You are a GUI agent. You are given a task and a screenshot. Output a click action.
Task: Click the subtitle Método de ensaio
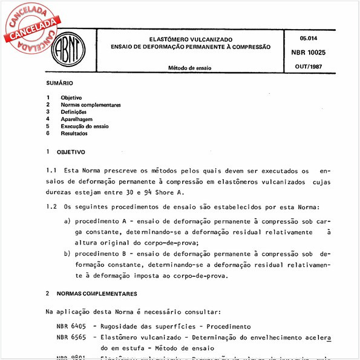pyautogui.click(x=189, y=68)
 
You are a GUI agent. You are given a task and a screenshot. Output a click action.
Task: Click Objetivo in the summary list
pyautogui.click(x=71, y=97)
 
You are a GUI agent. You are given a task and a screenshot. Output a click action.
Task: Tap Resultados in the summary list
pyautogui.click(x=74, y=134)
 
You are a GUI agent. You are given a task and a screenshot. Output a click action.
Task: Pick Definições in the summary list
pyautogui.click(x=74, y=112)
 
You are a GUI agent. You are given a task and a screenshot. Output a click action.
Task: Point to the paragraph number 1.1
pyautogui.click(x=51, y=171)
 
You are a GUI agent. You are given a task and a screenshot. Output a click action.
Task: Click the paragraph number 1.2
pyautogui.click(x=51, y=206)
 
